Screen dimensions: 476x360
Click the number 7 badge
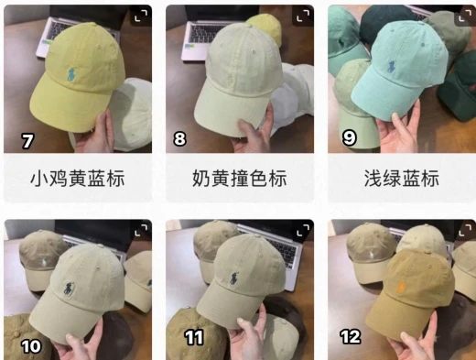coord(27,141)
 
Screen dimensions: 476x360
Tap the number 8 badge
coord(179,138)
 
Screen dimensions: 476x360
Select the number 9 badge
coord(349,137)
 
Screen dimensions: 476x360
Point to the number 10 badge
coord(31,346)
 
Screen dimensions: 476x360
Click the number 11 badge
coord(194,337)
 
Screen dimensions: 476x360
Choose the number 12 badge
coord(351,337)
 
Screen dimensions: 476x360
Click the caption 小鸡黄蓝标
coord(78,179)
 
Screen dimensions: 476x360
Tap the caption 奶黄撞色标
coord(240,179)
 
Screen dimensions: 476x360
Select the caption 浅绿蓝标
coord(402,179)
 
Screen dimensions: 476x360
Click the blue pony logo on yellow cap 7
coord(71,75)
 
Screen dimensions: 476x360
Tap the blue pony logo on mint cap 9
coord(392,67)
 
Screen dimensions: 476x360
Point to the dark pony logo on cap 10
coord(69,289)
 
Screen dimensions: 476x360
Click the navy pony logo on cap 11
coord(233,278)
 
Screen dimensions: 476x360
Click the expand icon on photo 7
coord(141,16)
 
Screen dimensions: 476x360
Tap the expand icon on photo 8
coord(303,16)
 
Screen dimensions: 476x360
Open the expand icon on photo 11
coord(303,230)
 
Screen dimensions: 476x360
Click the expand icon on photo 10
coord(141,230)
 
